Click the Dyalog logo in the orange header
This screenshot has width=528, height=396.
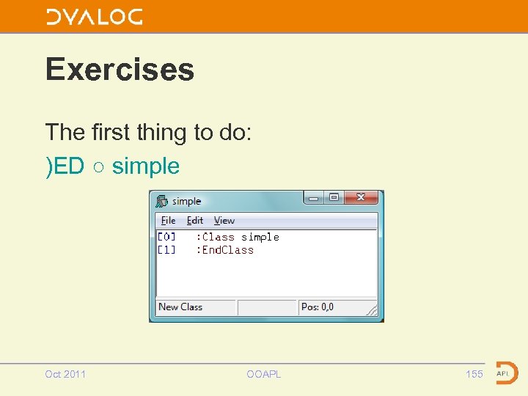(94, 17)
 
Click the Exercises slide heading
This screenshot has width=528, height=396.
(120, 70)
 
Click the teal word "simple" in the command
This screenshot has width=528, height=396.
(146, 166)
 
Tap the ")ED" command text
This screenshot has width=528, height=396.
(65, 166)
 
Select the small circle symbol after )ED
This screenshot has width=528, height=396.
(98, 167)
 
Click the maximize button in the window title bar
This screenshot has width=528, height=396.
(334, 198)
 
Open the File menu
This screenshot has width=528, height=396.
(168, 221)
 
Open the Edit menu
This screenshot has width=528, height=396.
(194, 221)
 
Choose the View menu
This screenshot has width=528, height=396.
(224, 221)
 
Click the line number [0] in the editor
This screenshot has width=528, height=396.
(166, 237)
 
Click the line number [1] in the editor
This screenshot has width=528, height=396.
(166, 250)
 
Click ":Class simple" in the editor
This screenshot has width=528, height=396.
(237, 237)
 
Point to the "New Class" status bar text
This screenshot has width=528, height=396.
(180, 307)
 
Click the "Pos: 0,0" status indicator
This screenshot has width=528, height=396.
(318, 307)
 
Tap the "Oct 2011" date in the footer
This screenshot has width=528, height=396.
(65, 374)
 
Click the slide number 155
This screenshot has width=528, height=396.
(474, 374)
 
